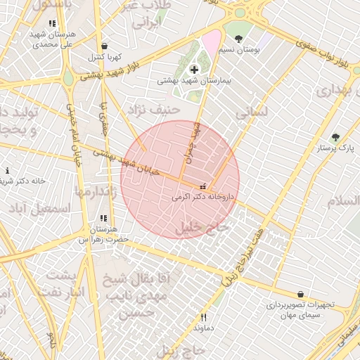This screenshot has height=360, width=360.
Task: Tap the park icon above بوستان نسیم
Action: pyautogui.click(x=239, y=39)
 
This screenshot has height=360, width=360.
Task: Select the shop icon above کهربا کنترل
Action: pyautogui.click(x=105, y=46)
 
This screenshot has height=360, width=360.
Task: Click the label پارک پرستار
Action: pyautogui.click(x=336, y=149)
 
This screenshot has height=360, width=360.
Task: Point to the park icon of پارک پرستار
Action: pyautogui.click(x=335, y=137)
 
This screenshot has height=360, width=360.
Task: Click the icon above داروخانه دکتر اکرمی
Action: pyautogui.click(x=203, y=188)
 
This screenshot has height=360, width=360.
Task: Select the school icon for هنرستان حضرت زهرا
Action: pyautogui.click(x=104, y=219)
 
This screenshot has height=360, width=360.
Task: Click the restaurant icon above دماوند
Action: pyautogui.click(x=203, y=317)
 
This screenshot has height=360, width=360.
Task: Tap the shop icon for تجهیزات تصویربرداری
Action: pyautogui.click(x=301, y=295)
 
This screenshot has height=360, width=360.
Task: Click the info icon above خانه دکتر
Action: pyautogui.click(x=7, y=170)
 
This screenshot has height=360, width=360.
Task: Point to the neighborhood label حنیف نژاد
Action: pyautogui.click(x=153, y=110)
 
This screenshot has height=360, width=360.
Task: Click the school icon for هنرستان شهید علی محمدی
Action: pyautogui.click(x=51, y=23)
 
